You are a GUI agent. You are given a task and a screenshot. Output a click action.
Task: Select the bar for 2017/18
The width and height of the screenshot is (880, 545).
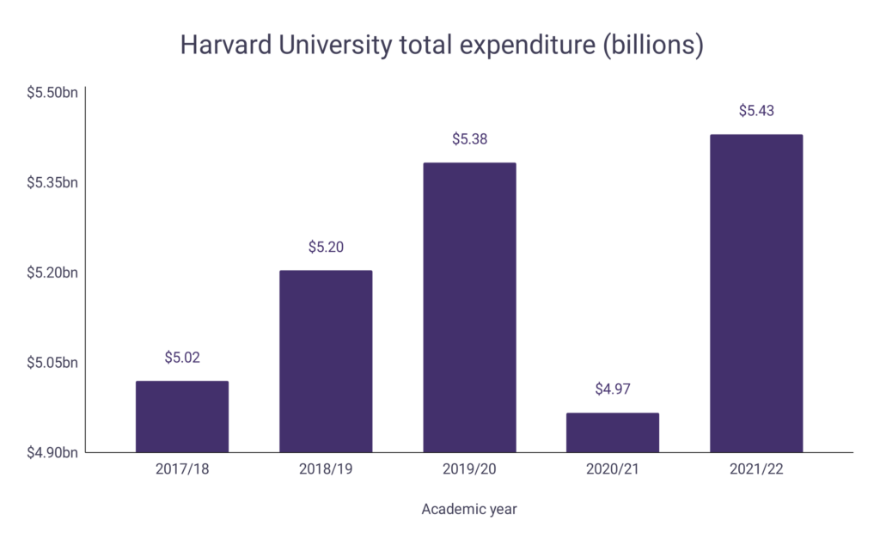coord(182,417)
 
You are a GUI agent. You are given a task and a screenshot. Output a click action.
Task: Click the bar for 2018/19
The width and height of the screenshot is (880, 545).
coord(326,362)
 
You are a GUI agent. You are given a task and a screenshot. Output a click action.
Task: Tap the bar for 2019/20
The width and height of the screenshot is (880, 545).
coord(469,308)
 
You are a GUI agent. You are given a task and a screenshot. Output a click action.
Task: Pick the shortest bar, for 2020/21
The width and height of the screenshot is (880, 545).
coord(613,432)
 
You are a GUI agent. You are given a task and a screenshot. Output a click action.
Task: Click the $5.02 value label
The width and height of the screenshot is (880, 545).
coord(182,357)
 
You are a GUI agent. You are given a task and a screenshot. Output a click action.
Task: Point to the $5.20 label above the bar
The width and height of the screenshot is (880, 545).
coord(326,247)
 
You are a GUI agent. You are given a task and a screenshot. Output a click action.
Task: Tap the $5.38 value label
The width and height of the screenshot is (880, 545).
coord(469,138)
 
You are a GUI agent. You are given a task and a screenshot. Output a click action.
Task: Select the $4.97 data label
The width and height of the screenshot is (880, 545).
coord(613,389)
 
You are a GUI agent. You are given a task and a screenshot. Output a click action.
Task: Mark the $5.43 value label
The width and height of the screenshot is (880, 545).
coord(756,111)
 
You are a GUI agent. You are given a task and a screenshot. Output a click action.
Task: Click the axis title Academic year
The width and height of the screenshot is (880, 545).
coord(469,509)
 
